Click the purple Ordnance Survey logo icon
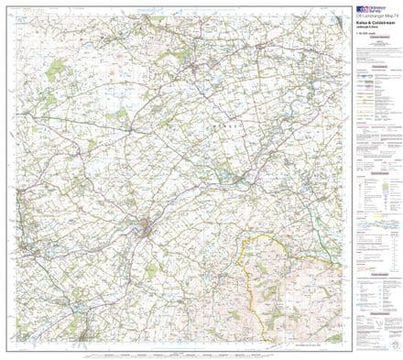[360, 8]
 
